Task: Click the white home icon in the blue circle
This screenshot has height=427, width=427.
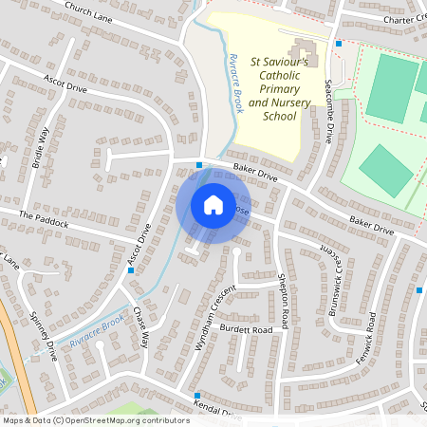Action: (213, 205)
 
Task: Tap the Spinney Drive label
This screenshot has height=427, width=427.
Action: (44, 336)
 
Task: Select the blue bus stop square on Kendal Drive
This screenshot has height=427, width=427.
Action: (197, 395)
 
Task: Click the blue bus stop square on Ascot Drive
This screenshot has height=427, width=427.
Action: (130, 270)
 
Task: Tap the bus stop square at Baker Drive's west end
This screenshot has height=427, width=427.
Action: (199, 165)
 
